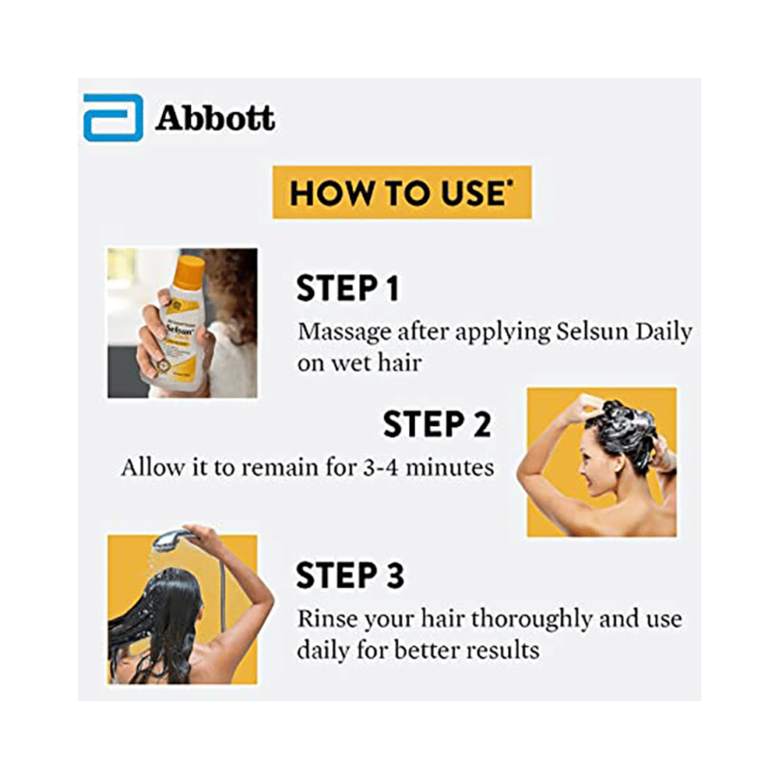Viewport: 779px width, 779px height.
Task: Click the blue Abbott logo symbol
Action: (x=113, y=118)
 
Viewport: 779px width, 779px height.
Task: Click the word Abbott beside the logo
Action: (x=215, y=118)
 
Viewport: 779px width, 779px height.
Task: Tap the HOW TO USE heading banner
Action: (x=401, y=192)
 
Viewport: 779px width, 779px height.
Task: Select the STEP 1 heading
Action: (x=347, y=288)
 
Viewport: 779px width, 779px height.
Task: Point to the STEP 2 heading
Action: (x=437, y=425)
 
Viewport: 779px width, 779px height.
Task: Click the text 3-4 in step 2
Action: (x=381, y=468)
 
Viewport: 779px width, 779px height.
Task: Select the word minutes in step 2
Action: (x=449, y=467)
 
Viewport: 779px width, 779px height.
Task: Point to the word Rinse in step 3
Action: (x=326, y=619)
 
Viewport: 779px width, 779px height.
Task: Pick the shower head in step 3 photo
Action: (x=169, y=539)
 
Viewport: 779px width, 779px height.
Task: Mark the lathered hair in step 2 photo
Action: (x=627, y=432)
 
